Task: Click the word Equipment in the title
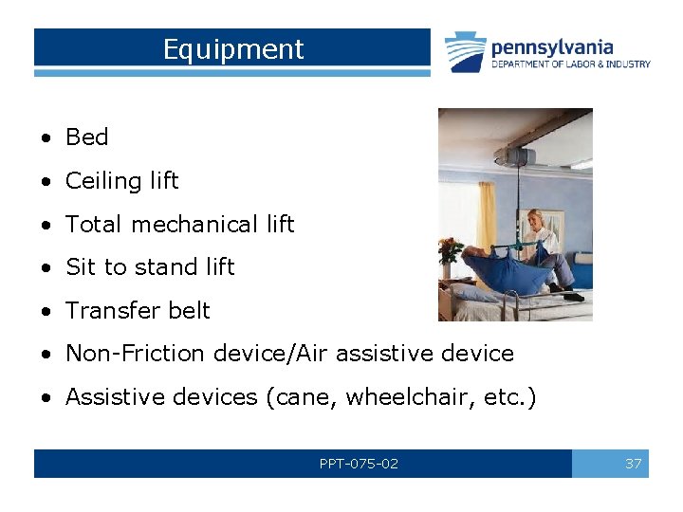pyautogui.click(x=232, y=49)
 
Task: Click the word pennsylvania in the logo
pyautogui.click(x=551, y=46)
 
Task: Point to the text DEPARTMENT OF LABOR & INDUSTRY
pyautogui.click(x=570, y=64)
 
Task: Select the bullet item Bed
pyautogui.click(x=86, y=137)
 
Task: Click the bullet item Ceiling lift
pyautogui.click(x=121, y=180)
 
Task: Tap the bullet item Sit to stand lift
pyautogui.click(x=149, y=267)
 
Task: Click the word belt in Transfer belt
pyautogui.click(x=188, y=311)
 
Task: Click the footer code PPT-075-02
pyautogui.click(x=359, y=464)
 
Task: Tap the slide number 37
pyautogui.click(x=633, y=464)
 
